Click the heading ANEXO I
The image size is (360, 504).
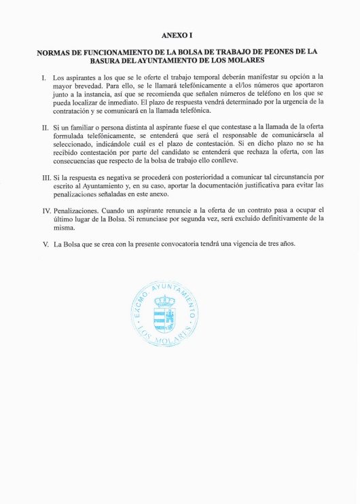pyautogui.click(x=179, y=34)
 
